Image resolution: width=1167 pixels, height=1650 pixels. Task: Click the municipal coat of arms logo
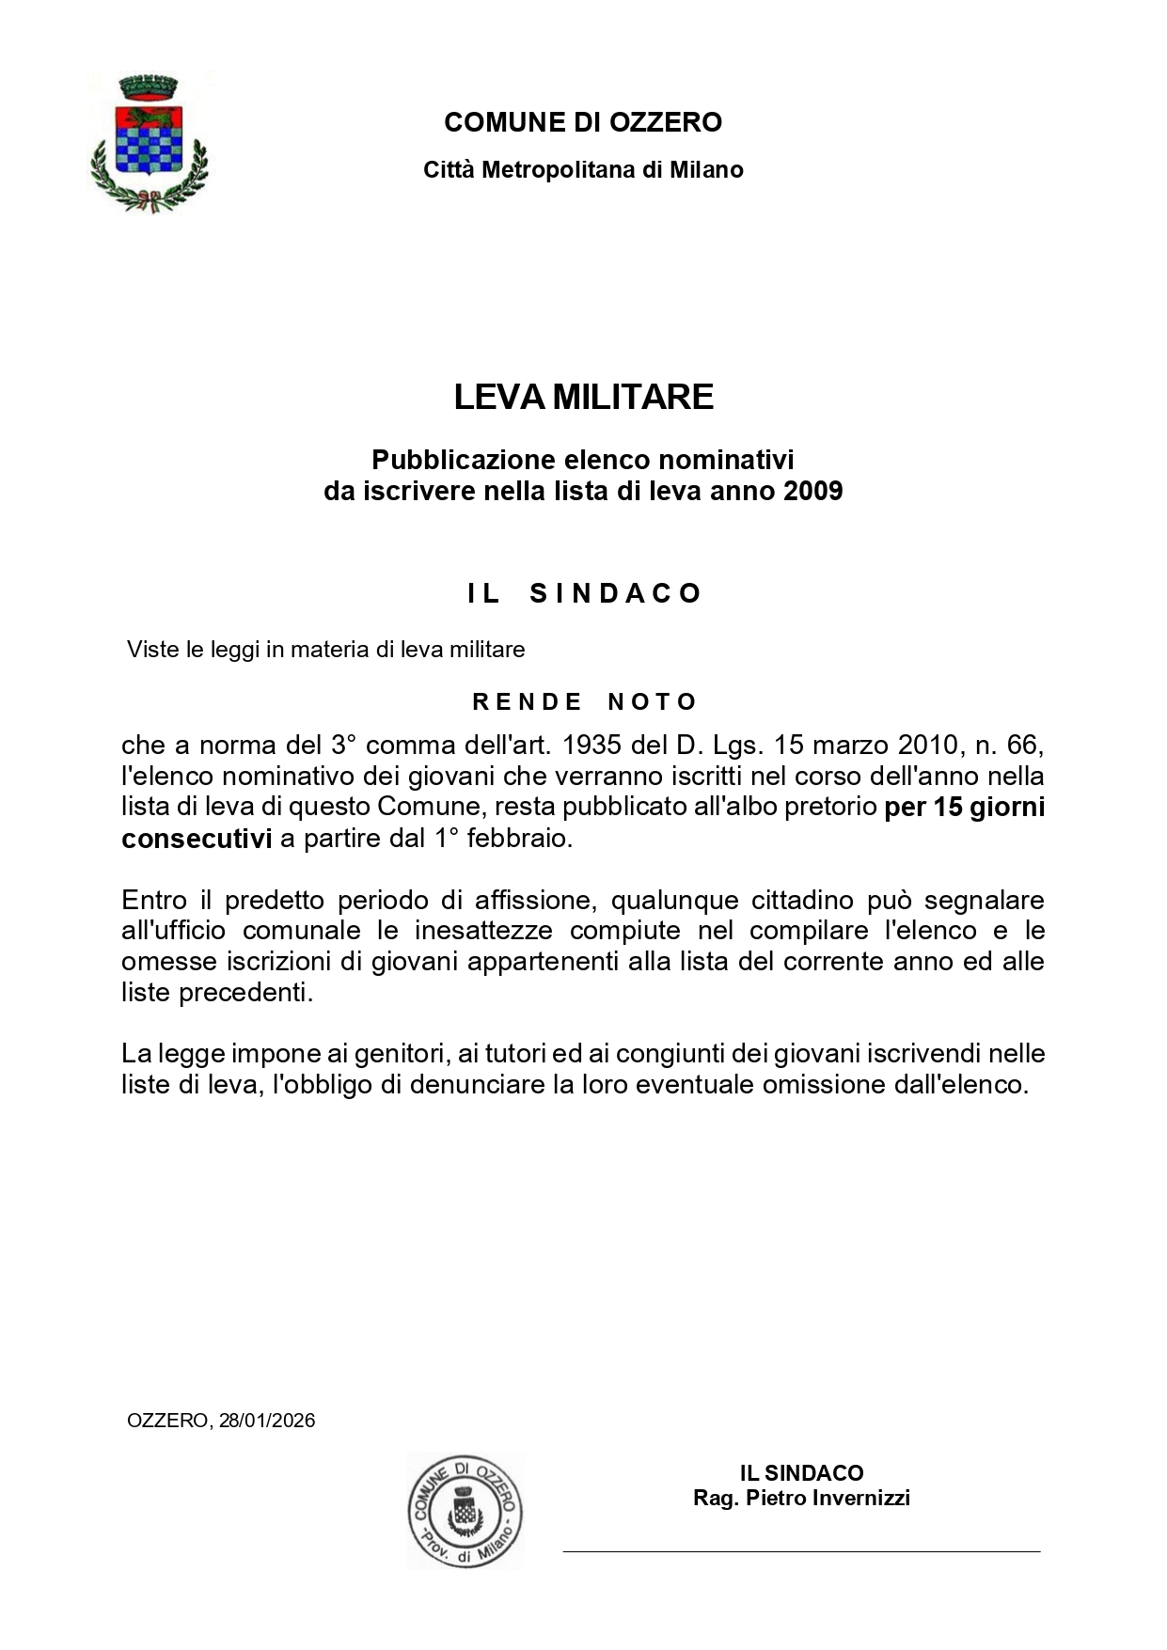tap(148, 142)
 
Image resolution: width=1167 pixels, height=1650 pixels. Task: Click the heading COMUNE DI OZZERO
tap(583, 122)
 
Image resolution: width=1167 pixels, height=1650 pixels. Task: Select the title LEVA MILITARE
tap(583, 397)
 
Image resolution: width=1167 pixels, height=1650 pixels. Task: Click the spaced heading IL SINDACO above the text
tap(584, 593)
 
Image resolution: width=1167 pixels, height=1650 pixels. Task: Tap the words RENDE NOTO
tap(584, 701)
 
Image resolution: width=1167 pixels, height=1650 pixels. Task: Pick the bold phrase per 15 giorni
tap(964, 808)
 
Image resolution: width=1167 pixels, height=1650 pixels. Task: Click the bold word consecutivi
tap(197, 839)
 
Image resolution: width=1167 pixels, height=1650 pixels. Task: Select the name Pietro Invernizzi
tap(828, 1498)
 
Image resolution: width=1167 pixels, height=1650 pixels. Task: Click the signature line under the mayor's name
tap(801, 1551)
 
